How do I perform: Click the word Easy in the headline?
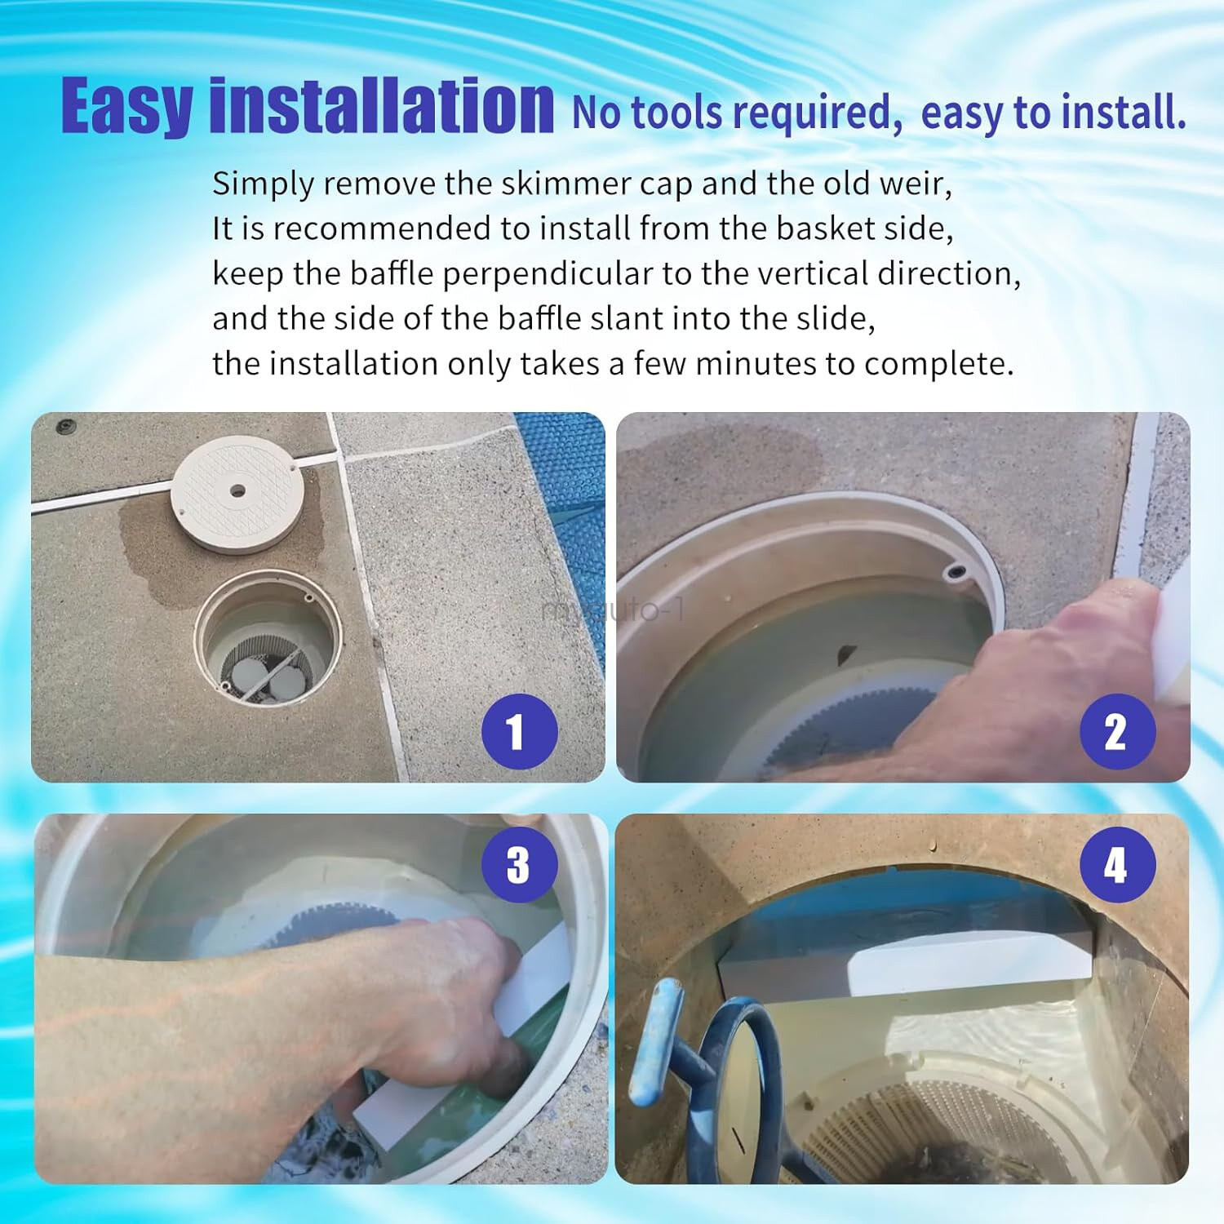coord(126,106)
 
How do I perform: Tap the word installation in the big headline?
coord(382,106)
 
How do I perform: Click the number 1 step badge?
coord(519,731)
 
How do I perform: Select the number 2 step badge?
coord(1117,731)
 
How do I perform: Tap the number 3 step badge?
coord(519,865)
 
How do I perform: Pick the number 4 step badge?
coord(1117,865)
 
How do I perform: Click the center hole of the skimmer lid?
coord(237,491)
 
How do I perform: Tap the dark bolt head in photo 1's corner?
coord(65,426)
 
